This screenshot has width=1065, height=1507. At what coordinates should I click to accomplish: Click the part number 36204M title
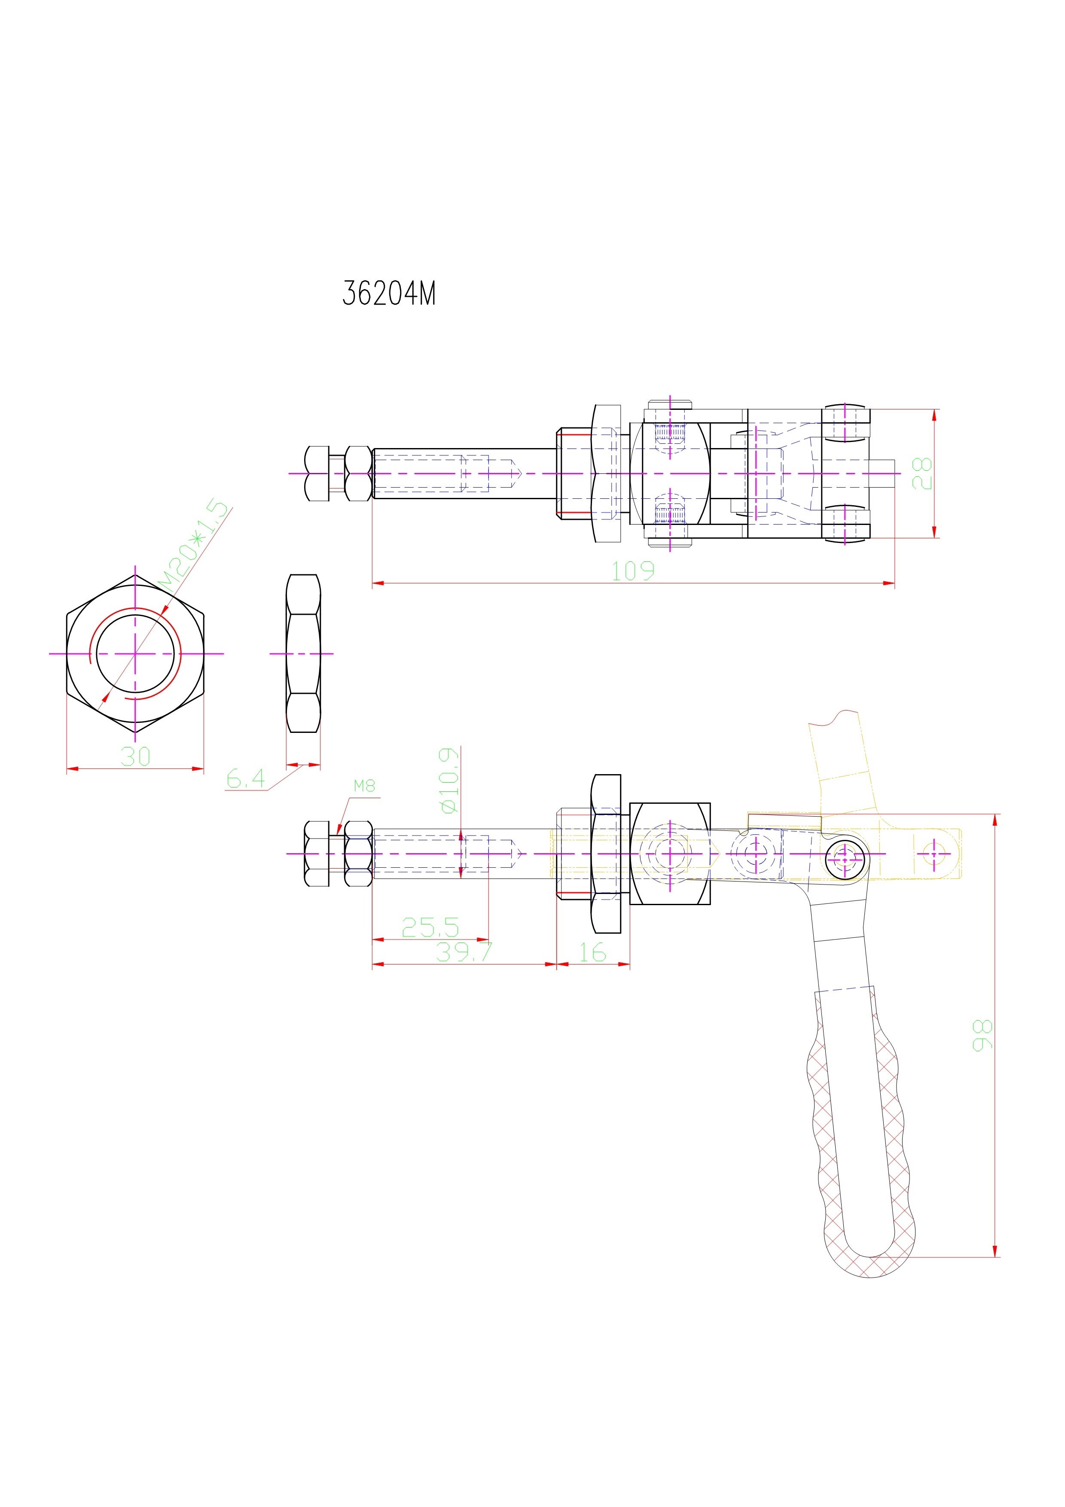click(x=389, y=293)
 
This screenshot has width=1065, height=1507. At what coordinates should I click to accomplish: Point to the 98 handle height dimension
click(x=983, y=1035)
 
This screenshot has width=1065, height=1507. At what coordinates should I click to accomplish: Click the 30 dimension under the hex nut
click(x=135, y=757)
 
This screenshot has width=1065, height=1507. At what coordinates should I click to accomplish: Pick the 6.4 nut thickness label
click(x=245, y=779)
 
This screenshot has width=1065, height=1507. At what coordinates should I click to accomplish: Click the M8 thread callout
click(x=364, y=786)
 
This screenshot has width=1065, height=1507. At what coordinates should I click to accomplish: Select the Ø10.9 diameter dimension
click(x=449, y=781)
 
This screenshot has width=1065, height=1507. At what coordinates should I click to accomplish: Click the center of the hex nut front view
click(x=135, y=654)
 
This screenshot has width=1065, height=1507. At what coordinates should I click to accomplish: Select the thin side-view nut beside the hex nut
click(x=303, y=654)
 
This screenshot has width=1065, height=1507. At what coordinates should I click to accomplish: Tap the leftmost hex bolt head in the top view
click(x=317, y=473)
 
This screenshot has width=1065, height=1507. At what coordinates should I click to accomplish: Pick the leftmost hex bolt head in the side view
click(x=317, y=853)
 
